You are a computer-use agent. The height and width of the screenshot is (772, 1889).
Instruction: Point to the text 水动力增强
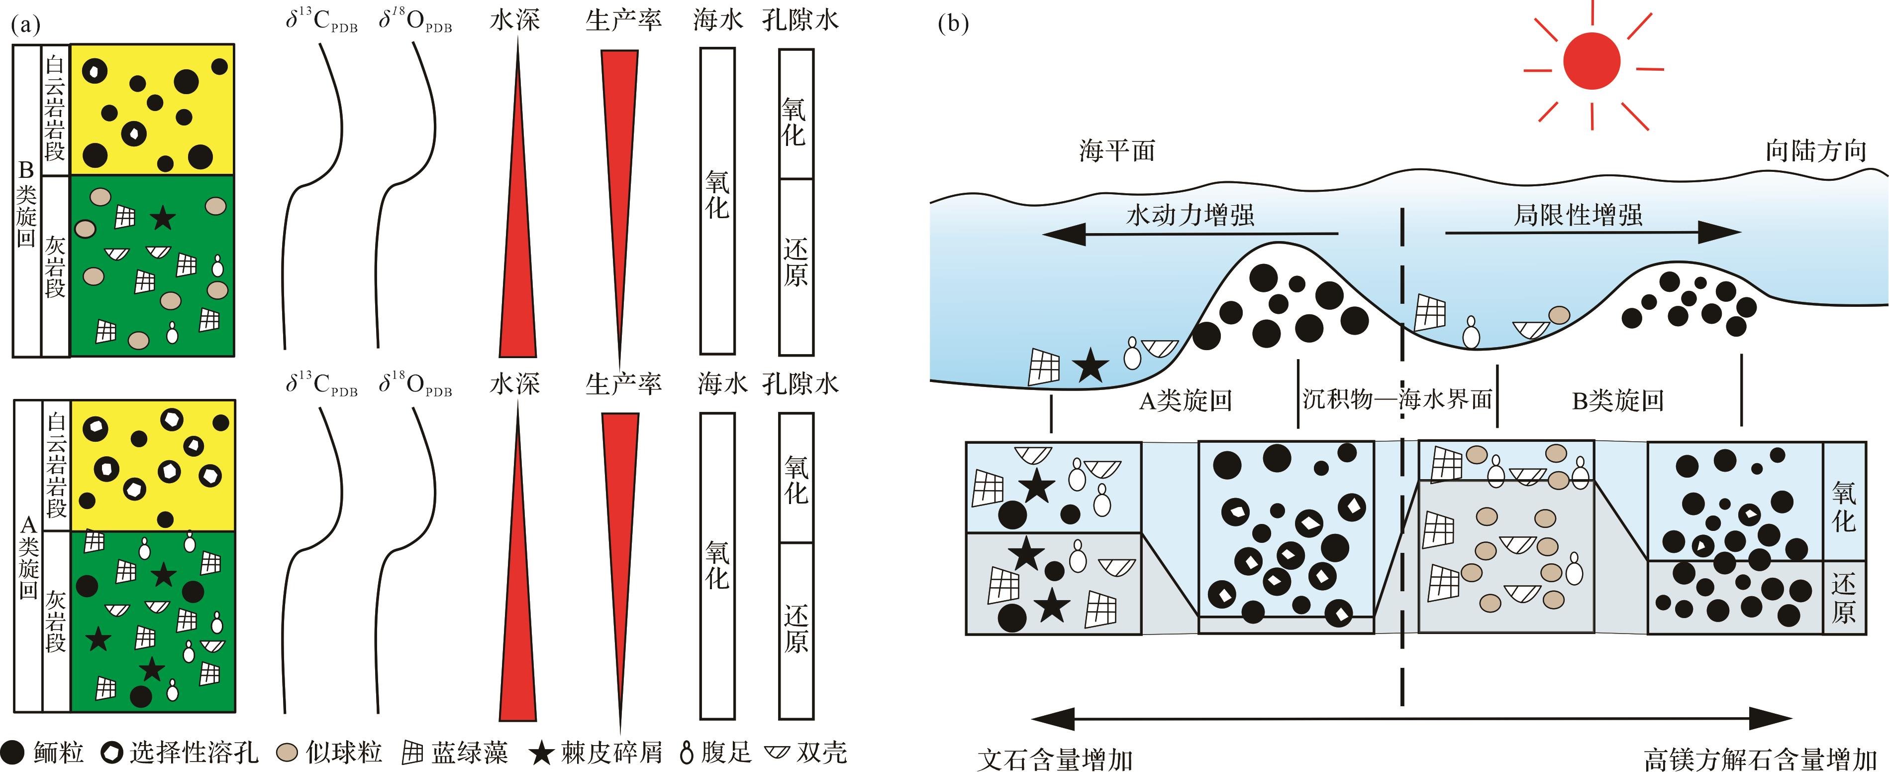(1190, 215)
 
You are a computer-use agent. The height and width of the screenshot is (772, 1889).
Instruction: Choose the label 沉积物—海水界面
(1397, 399)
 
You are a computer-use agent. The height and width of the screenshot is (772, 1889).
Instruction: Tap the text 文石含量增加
(1056, 759)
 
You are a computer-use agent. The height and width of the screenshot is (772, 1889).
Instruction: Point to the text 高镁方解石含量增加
(1760, 759)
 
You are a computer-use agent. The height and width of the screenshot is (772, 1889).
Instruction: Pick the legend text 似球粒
(344, 752)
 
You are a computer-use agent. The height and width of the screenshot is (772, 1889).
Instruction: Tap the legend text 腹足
(726, 752)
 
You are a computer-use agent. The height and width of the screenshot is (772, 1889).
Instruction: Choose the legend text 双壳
(821, 752)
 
